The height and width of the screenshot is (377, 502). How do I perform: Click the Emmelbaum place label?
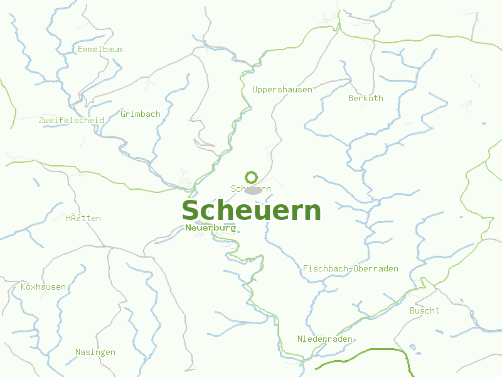pyautogui.click(x=100, y=49)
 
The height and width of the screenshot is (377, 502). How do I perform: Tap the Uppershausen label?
pyautogui.click(x=282, y=90)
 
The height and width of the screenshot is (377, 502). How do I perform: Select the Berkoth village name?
pyautogui.click(x=366, y=98)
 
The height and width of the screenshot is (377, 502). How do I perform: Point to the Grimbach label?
pyautogui.click(x=141, y=114)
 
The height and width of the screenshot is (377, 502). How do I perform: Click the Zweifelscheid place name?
pyautogui.click(x=72, y=120)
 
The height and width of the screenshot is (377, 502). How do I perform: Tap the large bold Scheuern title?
pyautogui.click(x=252, y=210)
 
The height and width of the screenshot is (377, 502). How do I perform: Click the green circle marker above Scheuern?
pyautogui.click(x=252, y=177)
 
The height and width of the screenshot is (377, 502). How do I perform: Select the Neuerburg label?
pyautogui.click(x=211, y=228)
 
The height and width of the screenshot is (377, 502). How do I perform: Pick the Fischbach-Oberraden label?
pyautogui.click(x=351, y=268)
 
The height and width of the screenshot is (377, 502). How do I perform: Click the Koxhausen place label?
pyautogui.click(x=43, y=287)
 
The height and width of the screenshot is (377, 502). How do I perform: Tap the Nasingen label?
pyautogui.click(x=95, y=352)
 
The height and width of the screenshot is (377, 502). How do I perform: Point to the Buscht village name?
pyautogui.click(x=425, y=311)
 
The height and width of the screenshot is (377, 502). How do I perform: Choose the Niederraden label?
pyautogui.click(x=325, y=339)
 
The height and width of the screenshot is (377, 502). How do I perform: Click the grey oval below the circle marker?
pyautogui.click(x=252, y=190)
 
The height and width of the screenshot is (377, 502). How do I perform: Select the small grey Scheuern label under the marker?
pyautogui.click(x=251, y=188)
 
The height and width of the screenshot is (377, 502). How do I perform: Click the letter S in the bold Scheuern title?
pyautogui.click(x=191, y=210)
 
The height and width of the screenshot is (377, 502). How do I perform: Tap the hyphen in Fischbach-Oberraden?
pyautogui.click(x=351, y=269)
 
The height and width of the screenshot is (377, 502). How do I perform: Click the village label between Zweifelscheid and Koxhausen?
pyautogui.click(x=83, y=219)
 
